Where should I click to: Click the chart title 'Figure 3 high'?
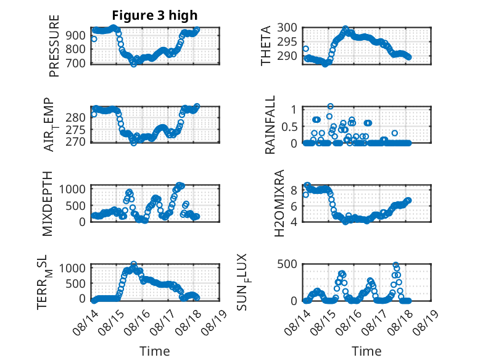[x=155, y=15]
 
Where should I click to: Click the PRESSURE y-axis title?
[x=54, y=46]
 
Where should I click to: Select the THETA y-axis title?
[x=266, y=46]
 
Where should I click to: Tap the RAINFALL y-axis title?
[x=270, y=125]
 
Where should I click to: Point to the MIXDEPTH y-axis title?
[x=48, y=204]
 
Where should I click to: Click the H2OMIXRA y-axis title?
[x=279, y=203]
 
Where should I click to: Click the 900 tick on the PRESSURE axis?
[x=76, y=36]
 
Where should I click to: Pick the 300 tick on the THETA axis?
[x=287, y=28]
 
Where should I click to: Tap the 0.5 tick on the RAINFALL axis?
[x=289, y=127]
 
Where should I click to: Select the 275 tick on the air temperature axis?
[x=76, y=130]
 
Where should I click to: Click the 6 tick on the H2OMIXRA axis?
[x=294, y=206]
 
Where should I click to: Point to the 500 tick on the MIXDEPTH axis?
[x=76, y=206]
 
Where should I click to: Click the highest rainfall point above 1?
[x=330, y=106]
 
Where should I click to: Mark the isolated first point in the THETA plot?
[x=305, y=49]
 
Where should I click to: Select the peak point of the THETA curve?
[x=346, y=28]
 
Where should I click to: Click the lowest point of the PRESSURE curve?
[x=134, y=64]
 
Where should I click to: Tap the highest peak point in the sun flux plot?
[x=396, y=265]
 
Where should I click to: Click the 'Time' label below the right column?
[x=366, y=351]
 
